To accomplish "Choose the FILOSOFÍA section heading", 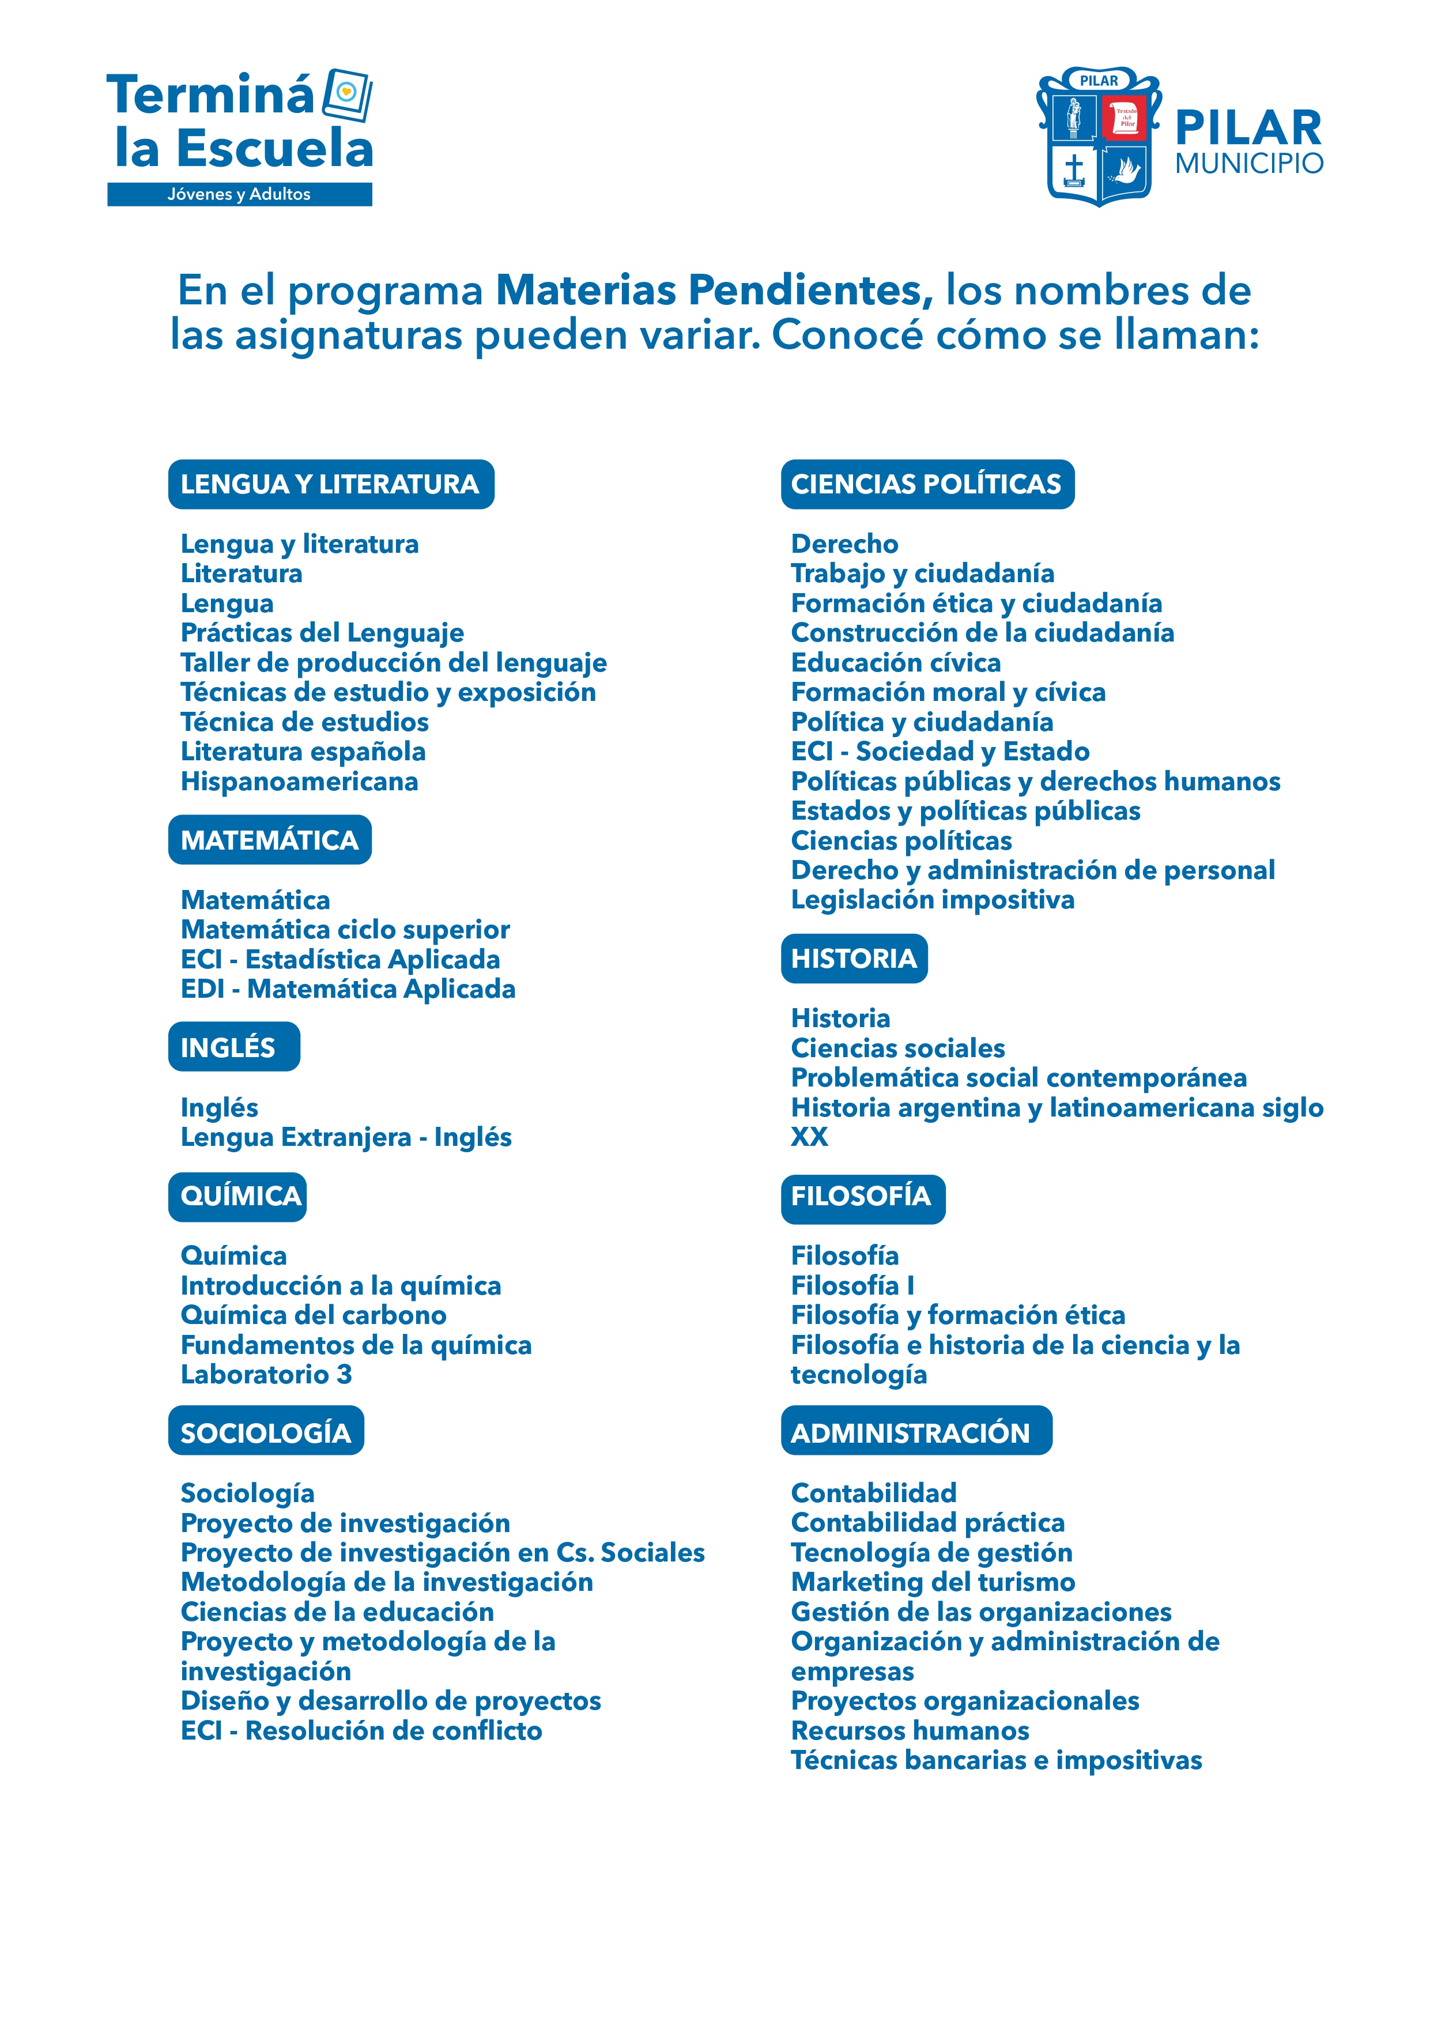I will pos(862,1198).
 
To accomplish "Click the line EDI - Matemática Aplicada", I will pos(348,989).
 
